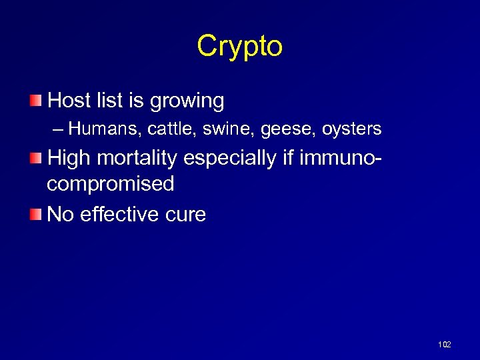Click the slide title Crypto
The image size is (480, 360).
pos(239,45)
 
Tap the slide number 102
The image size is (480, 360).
pos(444,344)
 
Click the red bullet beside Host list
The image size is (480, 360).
pos(36,101)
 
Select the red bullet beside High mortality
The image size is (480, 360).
pos(36,158)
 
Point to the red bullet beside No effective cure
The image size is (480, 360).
pos(36,214)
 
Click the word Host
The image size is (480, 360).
pos(69,101)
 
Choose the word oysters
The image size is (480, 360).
pos(351,129)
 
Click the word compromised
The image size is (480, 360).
pos(111,185)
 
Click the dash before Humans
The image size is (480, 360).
pos(59,128)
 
